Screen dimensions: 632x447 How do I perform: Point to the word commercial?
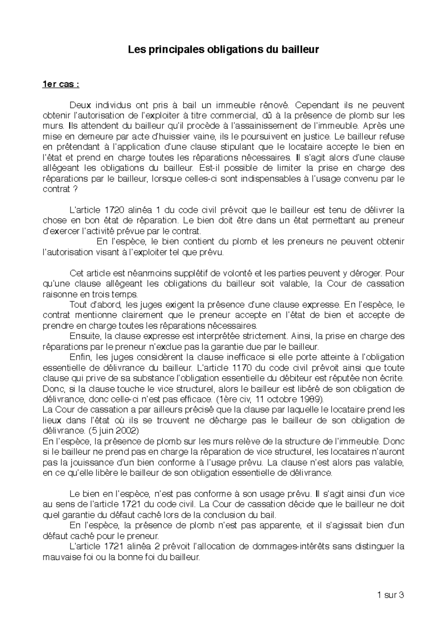tap(227, 116)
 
